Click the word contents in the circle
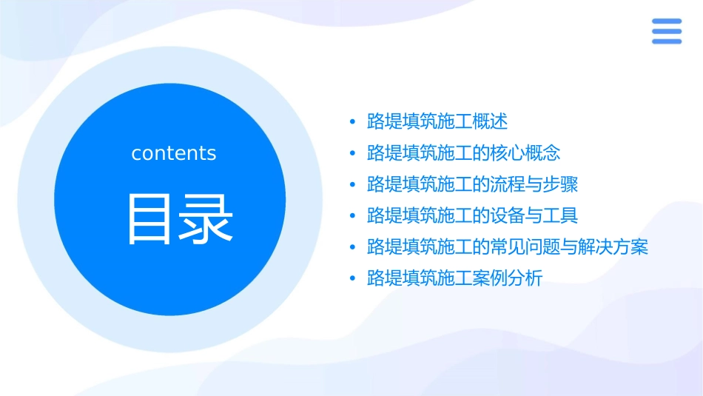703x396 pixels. pyautogui.click(x=174, y=153)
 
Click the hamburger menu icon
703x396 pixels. pyautogui.click(x=666, y=31)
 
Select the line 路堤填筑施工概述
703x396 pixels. pyautogui.click(x=437, y=121)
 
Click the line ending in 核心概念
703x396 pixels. pyautogui.click(x=463, y=153)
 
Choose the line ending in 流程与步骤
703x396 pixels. pyautogui.click(x=472, y=184)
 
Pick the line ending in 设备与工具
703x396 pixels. pyautogui.click(x=472, y=216)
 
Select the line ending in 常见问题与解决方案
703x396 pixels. pyautogui.click(x=508, y=247)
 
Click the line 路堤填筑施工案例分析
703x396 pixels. pyautogui.click(x=454, y=279)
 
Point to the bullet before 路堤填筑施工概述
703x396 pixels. pyautogui.click(x=352, y=121)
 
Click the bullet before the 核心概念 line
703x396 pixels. pyautogui.click(x=352, y=153)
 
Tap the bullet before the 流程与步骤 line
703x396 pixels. pyautogui.click(x=352, y=184)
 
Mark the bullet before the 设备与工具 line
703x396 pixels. pyautogui.click(x=352, y=216)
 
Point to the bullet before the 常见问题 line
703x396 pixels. pyautogui.click(x=352, y=247)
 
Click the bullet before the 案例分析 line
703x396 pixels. pyautogui.click(x=352, y=279)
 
